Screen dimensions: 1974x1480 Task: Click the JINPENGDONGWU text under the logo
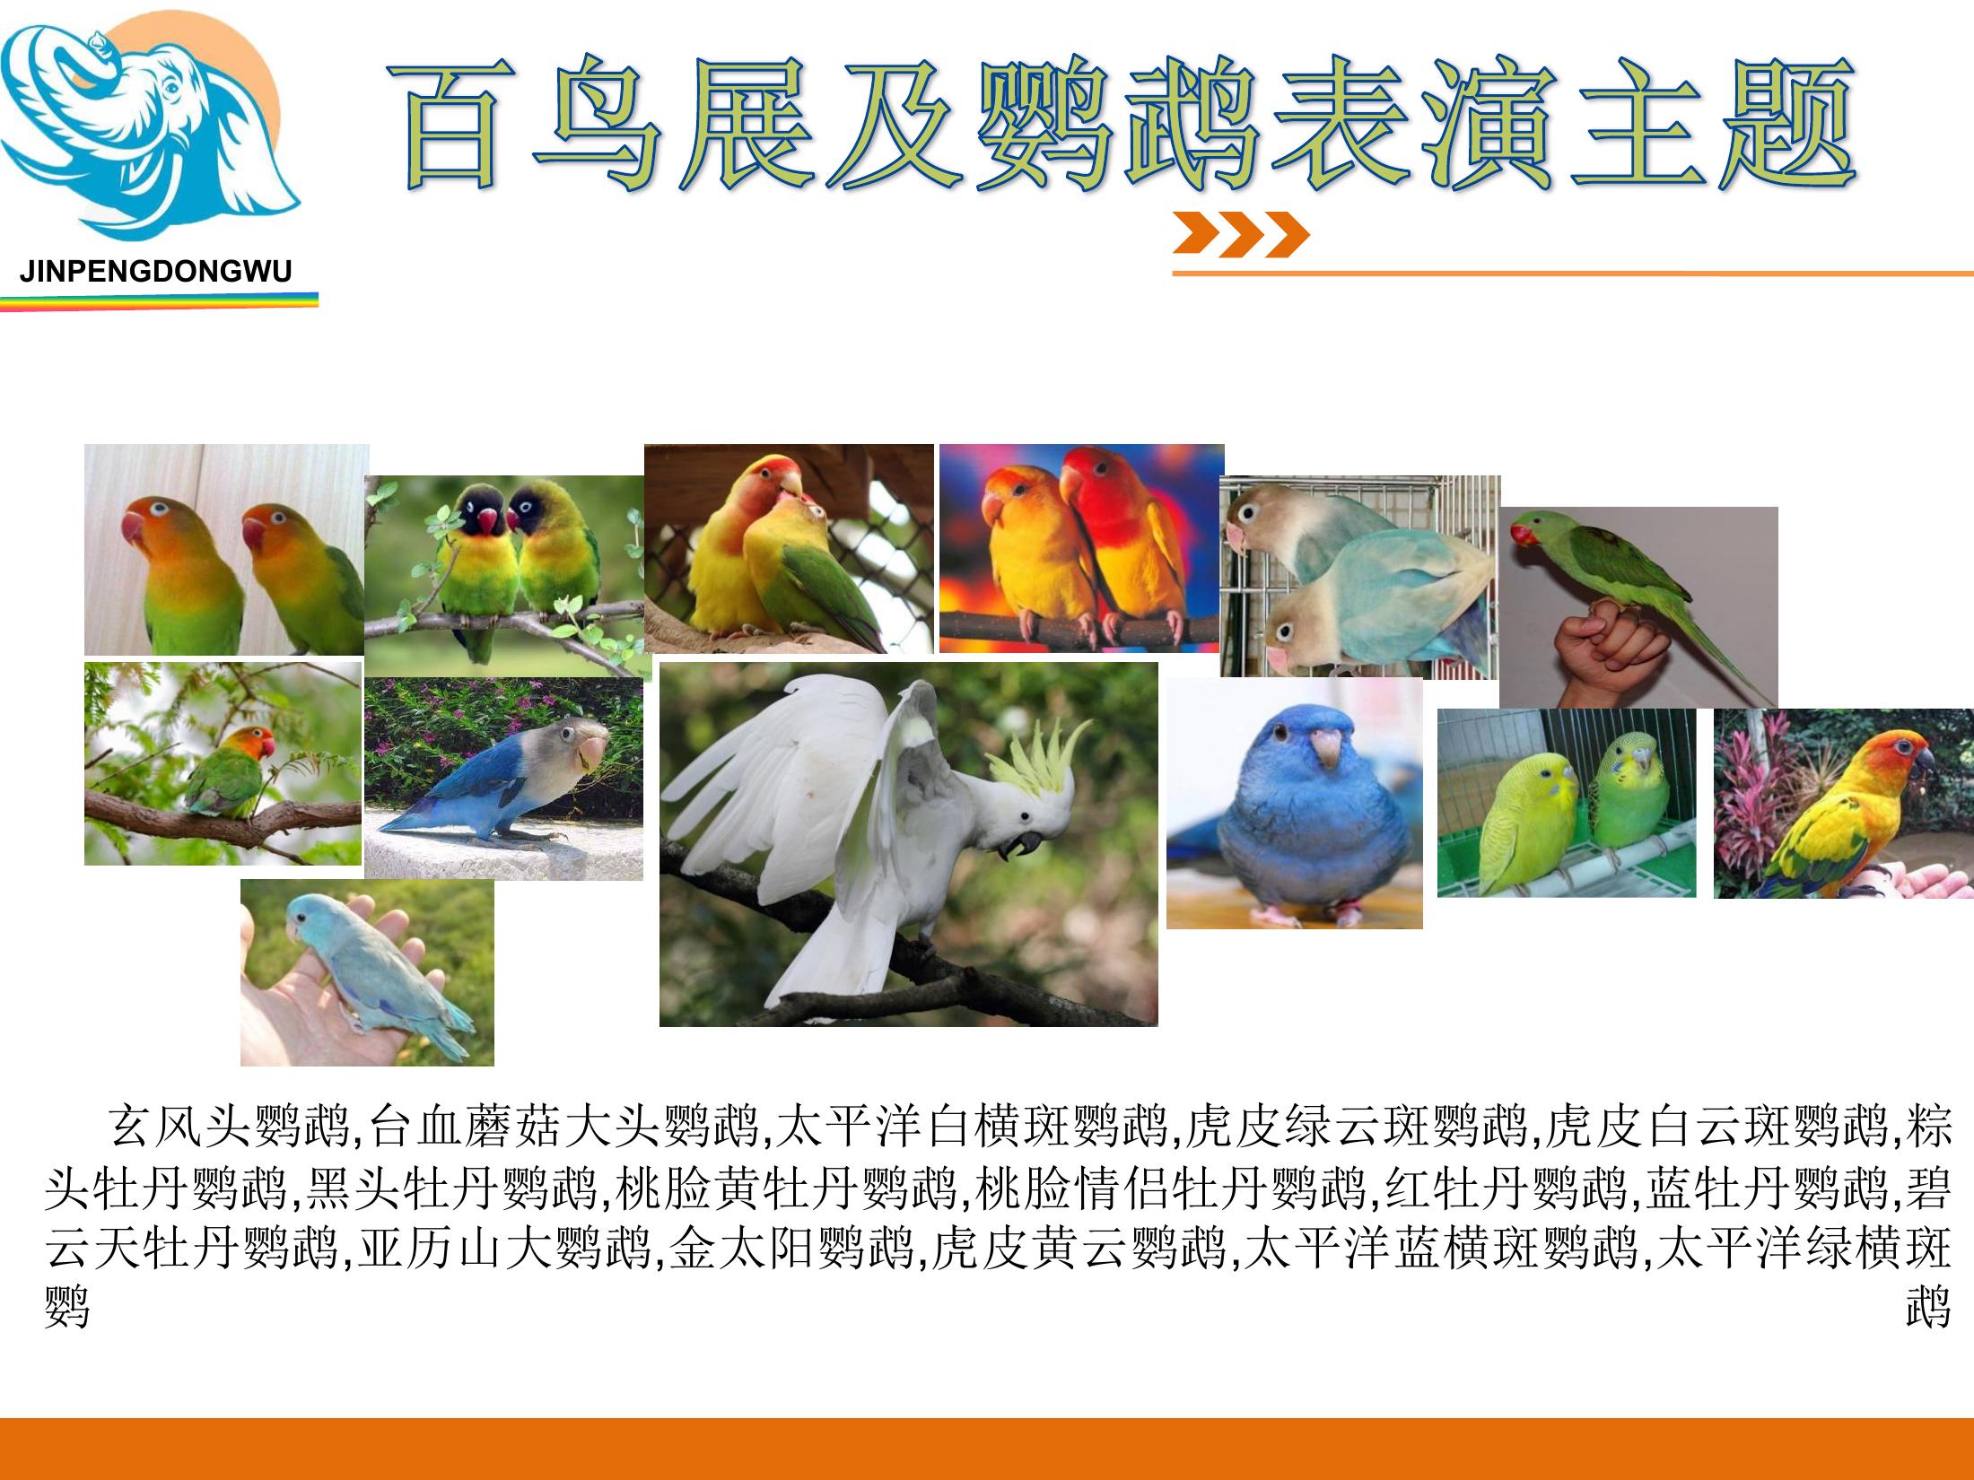156,272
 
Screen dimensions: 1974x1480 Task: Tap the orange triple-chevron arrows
1241,235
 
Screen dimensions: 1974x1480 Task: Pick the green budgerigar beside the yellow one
1629,794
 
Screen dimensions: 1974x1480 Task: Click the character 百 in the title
459,126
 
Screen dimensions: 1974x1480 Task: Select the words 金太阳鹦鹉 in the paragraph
790,1248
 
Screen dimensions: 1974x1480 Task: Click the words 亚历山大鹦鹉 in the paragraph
503,1248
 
